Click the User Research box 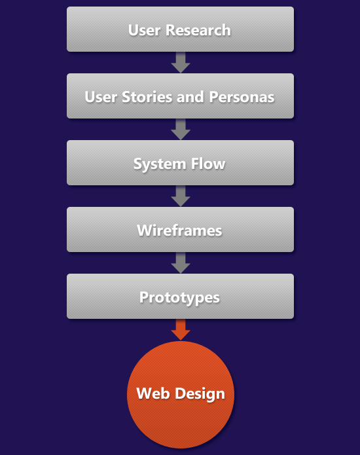pos(180,29)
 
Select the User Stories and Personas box pos(180,96)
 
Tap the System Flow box pos(180,162)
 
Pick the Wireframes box pos(180,229)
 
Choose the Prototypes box pos(180,296)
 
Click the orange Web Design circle pos(181,395)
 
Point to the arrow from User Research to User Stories pos(181,62)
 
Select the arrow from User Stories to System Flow pos(181,129)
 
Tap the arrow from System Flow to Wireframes pos(181,196)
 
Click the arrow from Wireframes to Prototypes pos(181,263)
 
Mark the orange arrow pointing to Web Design pos(181,330)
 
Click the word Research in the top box pos(198,30)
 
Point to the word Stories pos(147,97)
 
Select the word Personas pos(242,97)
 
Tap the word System pos(160,164)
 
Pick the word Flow pos(208,164)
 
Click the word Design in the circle pos(200,394)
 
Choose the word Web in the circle pos(153,393)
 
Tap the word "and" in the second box pos(190,97)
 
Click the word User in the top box pos(144,30)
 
